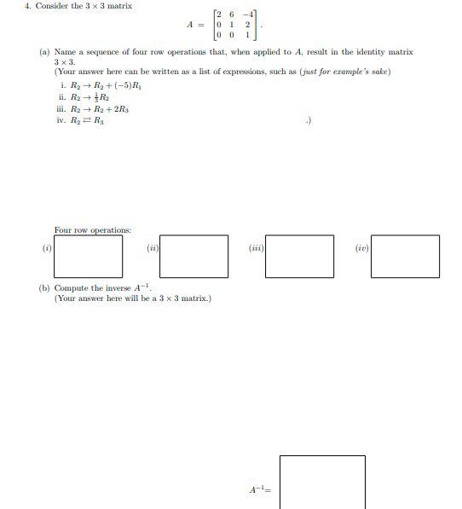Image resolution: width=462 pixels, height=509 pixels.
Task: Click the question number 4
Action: click(28, 6)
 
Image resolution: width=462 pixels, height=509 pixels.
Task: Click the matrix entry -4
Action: click(247, 14)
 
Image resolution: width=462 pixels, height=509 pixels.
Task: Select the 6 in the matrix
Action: click(233, 14)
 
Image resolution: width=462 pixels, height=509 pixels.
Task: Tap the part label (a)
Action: click(44, 52)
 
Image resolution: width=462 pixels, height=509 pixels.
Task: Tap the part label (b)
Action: click(44, 288)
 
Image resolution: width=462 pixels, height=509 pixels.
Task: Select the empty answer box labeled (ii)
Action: click(194, 256)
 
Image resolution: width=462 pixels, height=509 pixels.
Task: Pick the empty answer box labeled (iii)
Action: click(299, 256)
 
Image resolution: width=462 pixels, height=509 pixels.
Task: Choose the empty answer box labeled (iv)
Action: click(406, 256)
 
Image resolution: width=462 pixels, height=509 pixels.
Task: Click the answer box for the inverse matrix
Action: click(322, 482)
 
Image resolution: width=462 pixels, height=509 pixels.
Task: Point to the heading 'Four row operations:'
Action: click(93, 230)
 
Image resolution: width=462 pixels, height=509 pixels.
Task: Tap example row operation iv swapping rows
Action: click(87, 121)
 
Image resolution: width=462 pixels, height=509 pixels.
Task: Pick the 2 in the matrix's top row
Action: click(219, 14)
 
